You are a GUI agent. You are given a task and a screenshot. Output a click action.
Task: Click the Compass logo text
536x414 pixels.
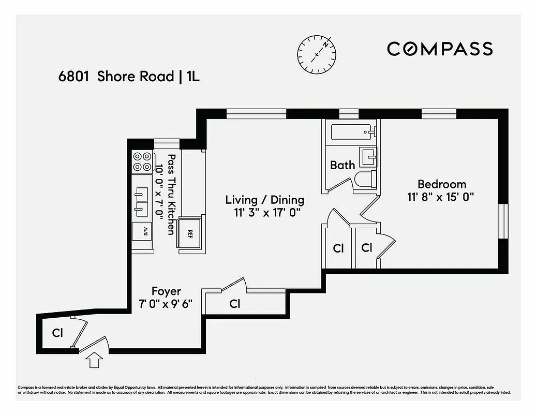coord(440,49)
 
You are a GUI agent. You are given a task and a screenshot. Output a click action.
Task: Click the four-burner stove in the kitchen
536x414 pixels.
coord(142,161)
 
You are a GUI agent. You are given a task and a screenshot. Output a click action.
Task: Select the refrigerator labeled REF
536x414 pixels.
coord(190,233)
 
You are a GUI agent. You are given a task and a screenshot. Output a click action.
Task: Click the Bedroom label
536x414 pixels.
coord(441,184)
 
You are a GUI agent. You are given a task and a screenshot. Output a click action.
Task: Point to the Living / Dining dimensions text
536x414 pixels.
coord(264,212)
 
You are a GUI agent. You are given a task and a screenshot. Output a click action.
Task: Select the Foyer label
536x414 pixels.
coord(166,291)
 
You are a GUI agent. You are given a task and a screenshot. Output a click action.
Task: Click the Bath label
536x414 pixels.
coord(343,165)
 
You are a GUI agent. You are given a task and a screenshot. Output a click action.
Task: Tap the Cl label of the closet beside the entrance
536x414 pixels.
coord(57,333)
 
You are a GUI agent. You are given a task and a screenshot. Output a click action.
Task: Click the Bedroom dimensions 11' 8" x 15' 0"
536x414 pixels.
coord(441,197)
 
